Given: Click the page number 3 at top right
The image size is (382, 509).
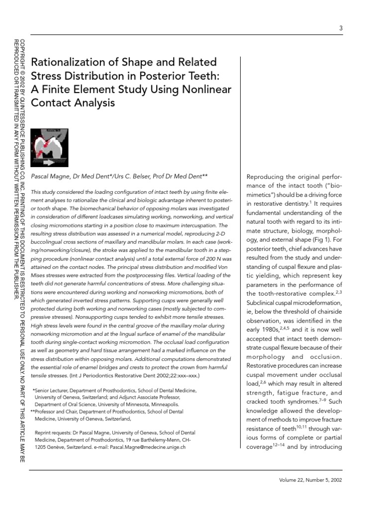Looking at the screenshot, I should [x=341, y=28].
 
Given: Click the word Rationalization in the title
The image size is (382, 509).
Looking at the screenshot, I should [x=68, y=63].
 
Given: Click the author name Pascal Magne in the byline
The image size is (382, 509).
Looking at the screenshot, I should [x=51, y=176].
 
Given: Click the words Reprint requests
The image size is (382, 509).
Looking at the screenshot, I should [x=55, y=433].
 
